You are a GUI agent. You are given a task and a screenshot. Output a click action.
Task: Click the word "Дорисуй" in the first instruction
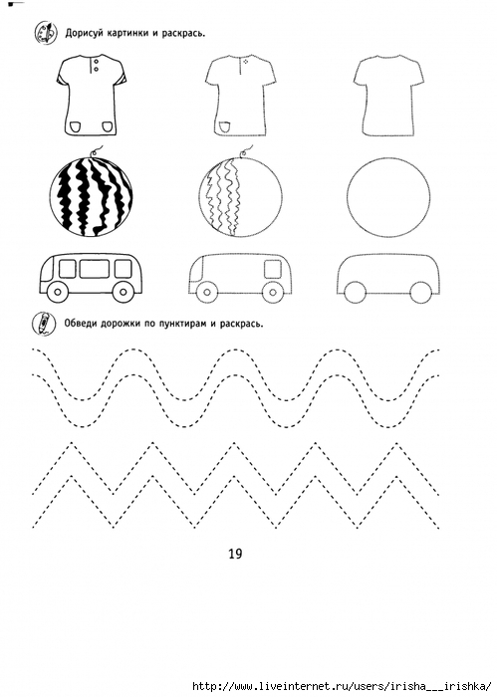(83, 33)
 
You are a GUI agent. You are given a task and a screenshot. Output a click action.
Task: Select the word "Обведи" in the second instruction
(80, 324)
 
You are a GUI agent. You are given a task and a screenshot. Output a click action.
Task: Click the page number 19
(235, 554)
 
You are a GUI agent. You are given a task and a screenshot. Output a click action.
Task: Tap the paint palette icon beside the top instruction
(46, 33)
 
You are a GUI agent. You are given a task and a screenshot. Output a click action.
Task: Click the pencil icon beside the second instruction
(44, 324)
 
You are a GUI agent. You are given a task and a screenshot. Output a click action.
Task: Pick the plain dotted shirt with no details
(389, 96)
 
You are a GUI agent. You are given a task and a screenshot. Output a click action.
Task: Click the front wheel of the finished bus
(58, 292)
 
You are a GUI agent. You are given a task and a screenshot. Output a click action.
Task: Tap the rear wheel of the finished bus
(124, 292)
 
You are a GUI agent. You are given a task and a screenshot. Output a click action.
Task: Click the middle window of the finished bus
(95, 269)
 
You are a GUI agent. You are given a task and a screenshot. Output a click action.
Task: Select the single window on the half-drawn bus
(273, 269)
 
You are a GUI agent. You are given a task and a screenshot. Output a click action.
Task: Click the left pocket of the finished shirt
(76, 126)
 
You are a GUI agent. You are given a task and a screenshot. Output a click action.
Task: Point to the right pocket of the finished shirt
(109, 126)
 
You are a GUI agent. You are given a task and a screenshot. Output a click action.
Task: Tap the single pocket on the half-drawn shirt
(224, 127)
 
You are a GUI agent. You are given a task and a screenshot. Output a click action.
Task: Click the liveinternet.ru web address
(344, 686)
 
